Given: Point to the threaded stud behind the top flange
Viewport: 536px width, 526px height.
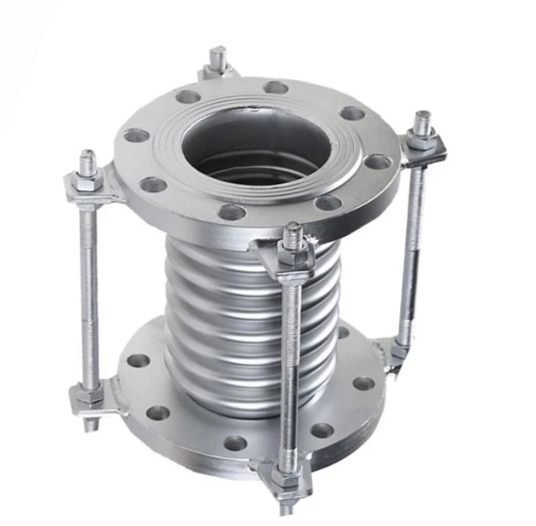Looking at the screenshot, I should [x=218, y=60].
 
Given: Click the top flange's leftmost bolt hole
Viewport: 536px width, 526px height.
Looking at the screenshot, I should [x=135, y=135].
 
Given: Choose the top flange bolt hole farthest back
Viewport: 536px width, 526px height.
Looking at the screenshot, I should [x=275, y=87].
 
